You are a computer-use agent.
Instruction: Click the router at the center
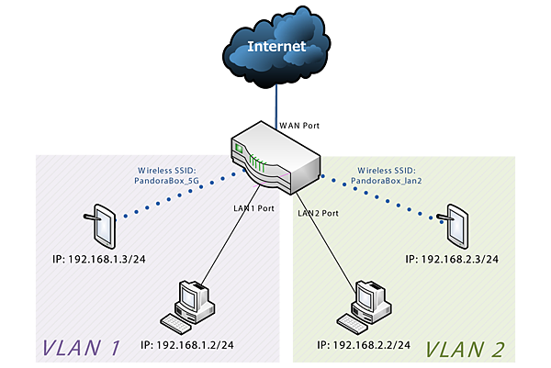(276, 159)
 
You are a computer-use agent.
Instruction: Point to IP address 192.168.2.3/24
(452, 260)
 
